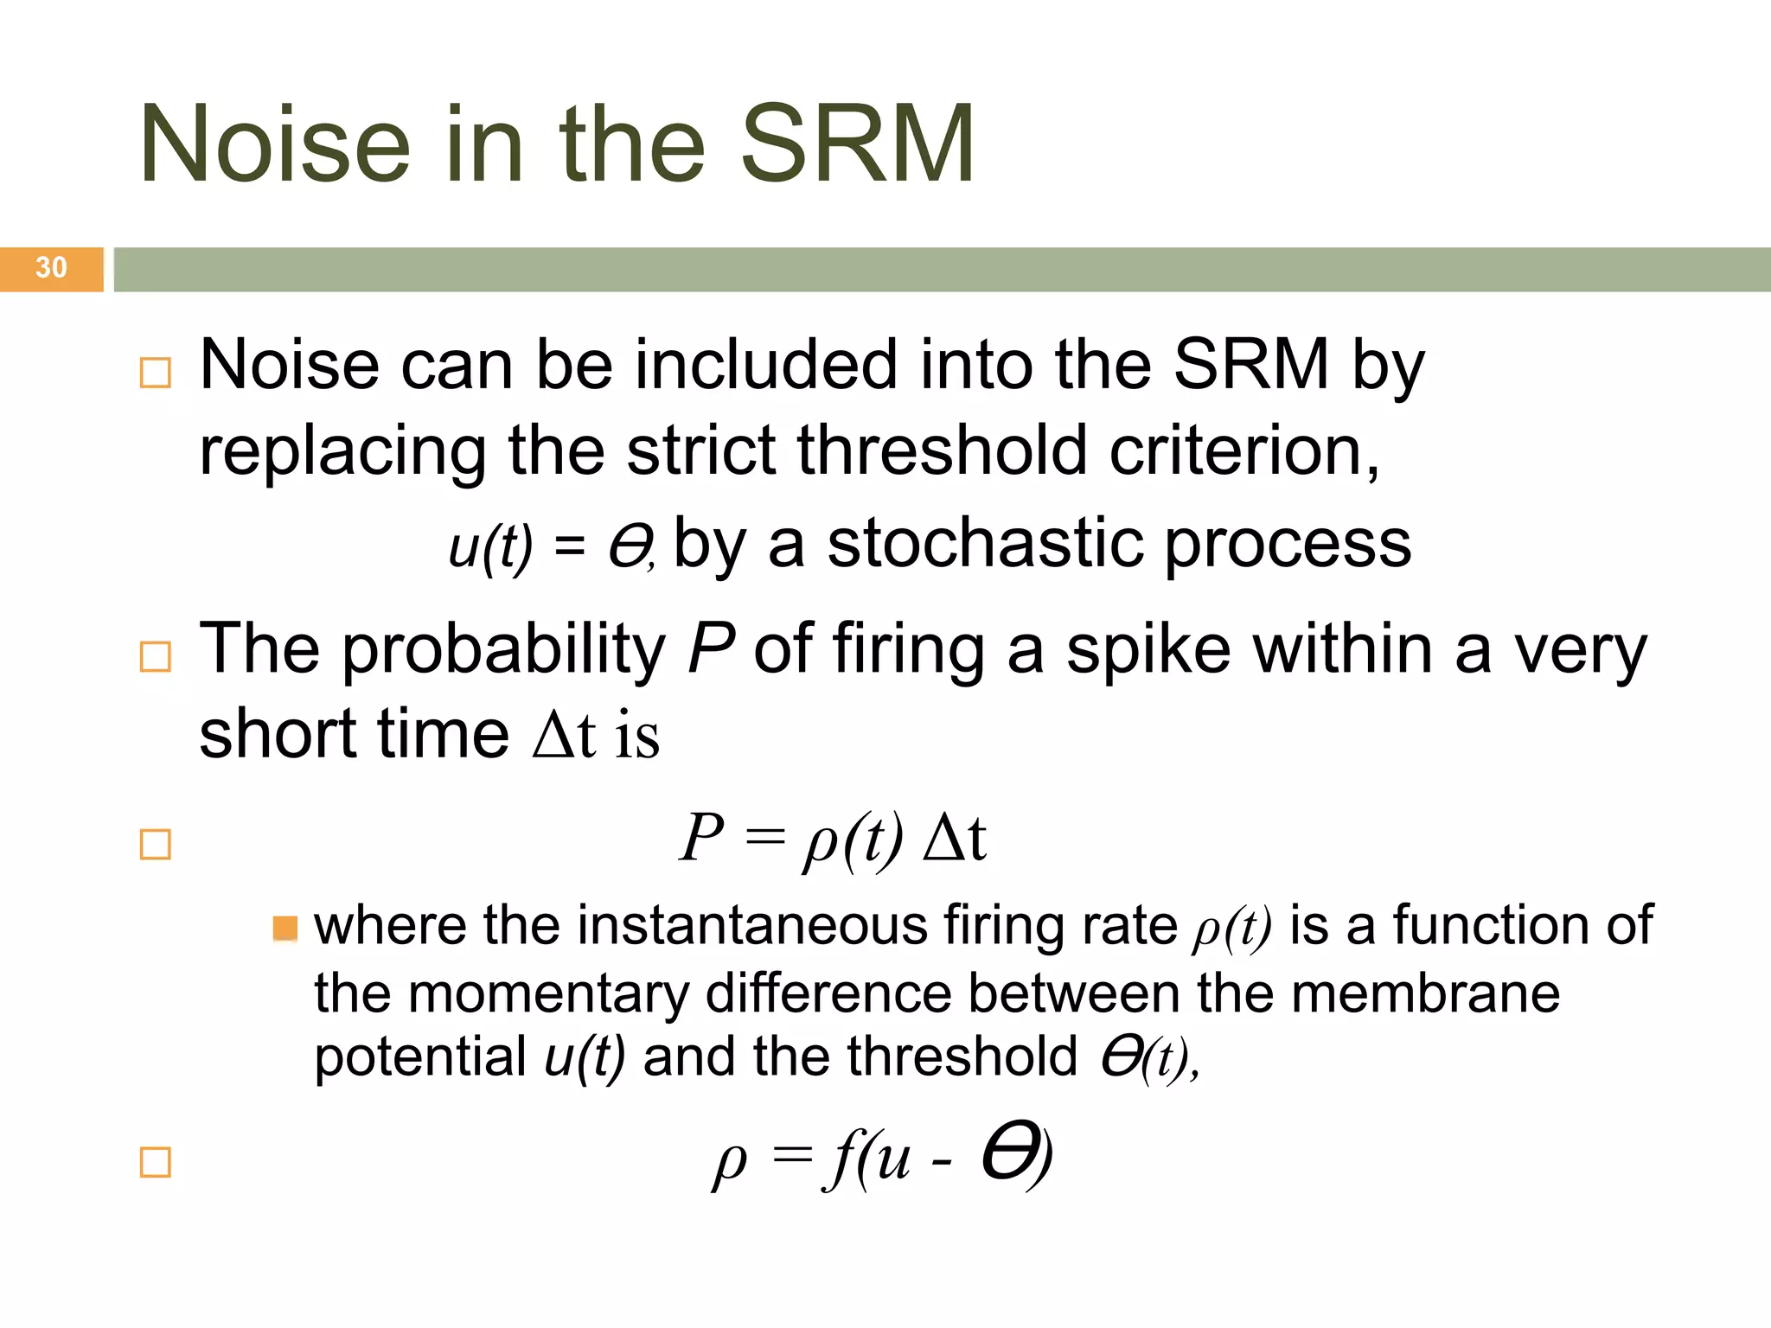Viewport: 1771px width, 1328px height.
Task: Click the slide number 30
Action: pos(51,267)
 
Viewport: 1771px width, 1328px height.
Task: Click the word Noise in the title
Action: pos(274,144)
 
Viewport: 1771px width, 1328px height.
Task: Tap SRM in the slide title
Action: pos(857,144)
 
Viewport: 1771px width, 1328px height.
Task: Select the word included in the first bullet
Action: pos(766,364)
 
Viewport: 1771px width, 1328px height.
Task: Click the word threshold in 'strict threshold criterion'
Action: pos(942,450)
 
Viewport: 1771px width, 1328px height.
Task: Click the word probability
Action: pos(504,650)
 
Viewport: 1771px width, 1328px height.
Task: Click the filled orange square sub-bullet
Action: pos(285,929)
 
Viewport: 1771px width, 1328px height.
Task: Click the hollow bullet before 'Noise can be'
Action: pos(156,373)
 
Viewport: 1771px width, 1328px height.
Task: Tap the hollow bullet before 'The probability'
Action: pos(156,657)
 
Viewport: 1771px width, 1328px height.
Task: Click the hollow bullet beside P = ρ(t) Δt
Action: pos(156,845)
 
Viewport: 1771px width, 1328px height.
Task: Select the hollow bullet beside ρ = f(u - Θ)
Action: pos(156,1163)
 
